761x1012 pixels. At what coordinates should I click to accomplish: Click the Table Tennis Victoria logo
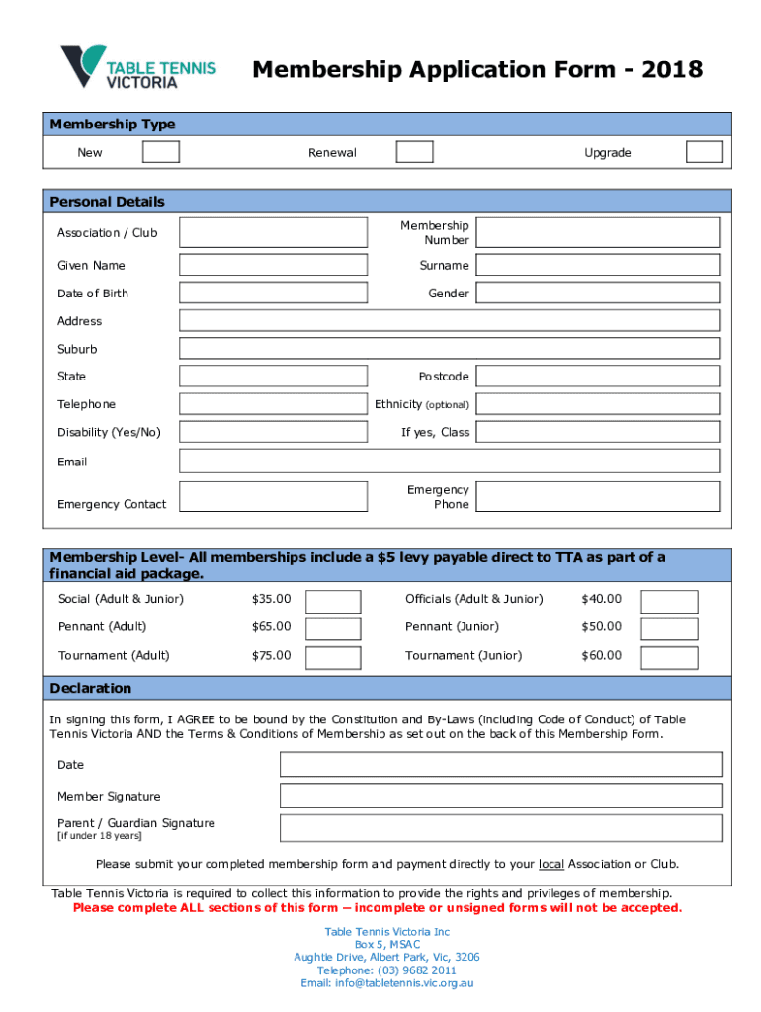(137, 67)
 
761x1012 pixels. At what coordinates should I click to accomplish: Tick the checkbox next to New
(161, 151)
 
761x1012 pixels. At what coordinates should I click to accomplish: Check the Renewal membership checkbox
(414, 151)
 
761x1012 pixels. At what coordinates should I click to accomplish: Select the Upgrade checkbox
(705, 151)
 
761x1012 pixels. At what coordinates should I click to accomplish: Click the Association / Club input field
(273, 233)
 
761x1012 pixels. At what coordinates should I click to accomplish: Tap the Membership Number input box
(599, 233)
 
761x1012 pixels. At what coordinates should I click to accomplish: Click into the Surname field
(599, 265)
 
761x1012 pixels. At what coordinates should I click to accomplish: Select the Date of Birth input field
(273, 293)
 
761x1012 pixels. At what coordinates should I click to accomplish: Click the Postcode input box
(599, 377)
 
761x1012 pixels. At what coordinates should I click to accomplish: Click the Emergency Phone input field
(599, 497)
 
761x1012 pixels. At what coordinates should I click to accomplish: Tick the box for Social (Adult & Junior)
(333, 601)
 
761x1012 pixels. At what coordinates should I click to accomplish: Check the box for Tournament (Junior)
(669, 657)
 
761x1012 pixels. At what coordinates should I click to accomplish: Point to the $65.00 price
(272, 626)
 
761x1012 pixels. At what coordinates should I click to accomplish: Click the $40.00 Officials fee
(601, 599)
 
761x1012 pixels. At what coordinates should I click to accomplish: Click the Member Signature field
(501, 796)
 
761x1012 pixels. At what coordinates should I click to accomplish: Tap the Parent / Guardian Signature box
(501, 828)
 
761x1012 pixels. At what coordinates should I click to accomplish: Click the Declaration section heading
(91, 688)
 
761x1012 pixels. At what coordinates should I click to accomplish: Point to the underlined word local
(551, 864)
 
